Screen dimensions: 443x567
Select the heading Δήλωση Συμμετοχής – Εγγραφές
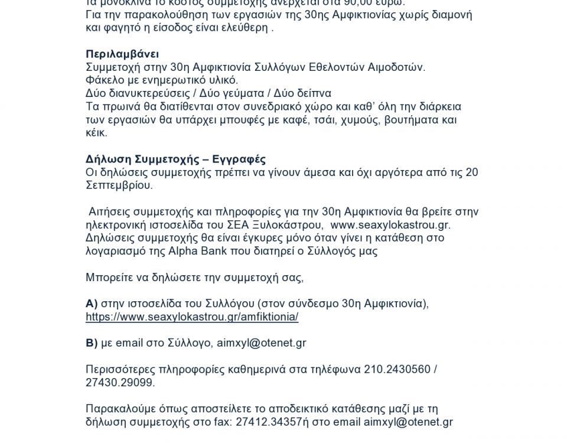tap(175, 159)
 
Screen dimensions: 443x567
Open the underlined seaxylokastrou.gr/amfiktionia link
tap(192, 317)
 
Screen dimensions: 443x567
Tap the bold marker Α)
tap(92, 304)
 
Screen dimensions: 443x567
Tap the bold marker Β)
tap(92, 343)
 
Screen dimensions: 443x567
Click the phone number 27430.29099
tap(120, 383)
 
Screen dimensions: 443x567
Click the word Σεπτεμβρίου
tap(119, 185)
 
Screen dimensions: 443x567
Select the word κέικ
tap(96, 133)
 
